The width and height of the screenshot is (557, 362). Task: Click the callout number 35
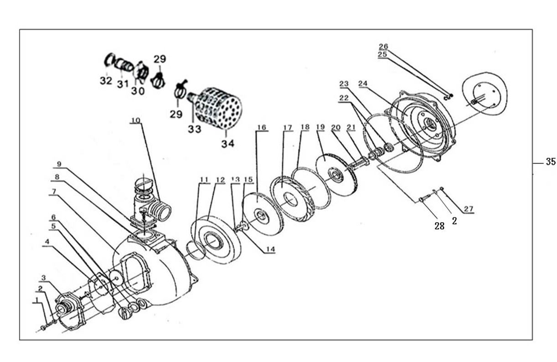pos(551,162)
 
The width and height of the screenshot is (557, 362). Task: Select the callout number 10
pos(136,121)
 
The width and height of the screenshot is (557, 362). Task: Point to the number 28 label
pos(439,226)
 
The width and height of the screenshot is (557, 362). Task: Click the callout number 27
pos(469,209)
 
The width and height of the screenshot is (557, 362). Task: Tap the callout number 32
pos(106,81)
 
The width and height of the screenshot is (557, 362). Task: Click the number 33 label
pos(194,129)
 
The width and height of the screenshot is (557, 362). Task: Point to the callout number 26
pos(383,46)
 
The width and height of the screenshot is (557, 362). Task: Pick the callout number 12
pos(220,179)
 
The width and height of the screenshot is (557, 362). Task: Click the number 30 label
pos(138,91)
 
